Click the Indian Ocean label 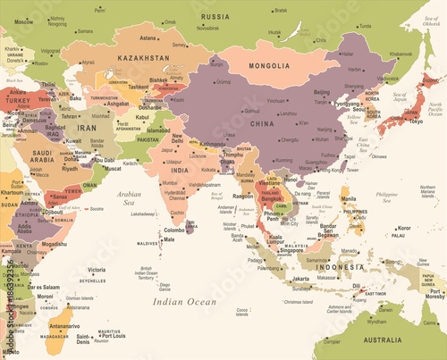coord(184,303)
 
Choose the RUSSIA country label coord(215,17)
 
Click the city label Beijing coord(322,92)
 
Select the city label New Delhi coord(177,140)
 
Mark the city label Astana coord(148,38)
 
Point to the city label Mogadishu coord(53,243)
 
